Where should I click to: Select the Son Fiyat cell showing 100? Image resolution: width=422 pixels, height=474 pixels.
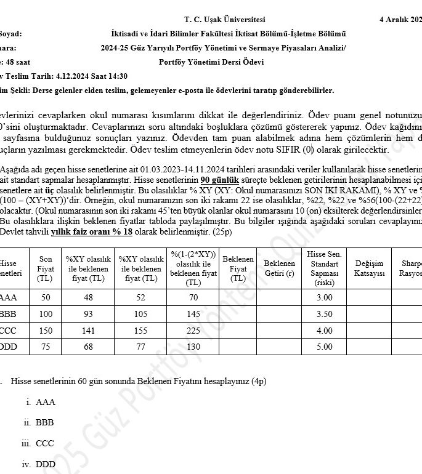pyautogui.click(x=46, y=313)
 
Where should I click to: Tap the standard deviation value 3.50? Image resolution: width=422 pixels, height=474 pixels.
pyautogui.click(x=324, y=313)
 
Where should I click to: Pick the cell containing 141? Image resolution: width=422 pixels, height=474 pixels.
pyautogui.click(x=88, y=330)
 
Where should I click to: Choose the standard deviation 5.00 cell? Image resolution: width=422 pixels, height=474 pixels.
pyautogui.click(x=324, y=347)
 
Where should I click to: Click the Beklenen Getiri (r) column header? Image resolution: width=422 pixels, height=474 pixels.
pyautogui.click(x=278, y=268)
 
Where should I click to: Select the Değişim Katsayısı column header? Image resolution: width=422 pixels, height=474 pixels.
pyautogui.click(x=369, y=268)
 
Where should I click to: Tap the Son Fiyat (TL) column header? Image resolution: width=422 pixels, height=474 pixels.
pyautogui.click(x=46, y=268)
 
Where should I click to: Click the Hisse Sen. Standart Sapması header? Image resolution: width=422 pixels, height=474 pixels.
pyautogui.click(x=324, y=268)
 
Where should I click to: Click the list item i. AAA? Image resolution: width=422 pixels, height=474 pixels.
pyautogui.click(x=41, y=402)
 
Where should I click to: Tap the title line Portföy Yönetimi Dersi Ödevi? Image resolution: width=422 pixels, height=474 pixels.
pyautogui.click(x=211, y=62)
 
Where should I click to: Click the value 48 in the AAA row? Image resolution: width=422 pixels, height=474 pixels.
pyautogui.click(x=88, y=297)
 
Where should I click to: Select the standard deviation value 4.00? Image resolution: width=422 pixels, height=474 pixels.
pyautogui.click(x=324, y=330)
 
